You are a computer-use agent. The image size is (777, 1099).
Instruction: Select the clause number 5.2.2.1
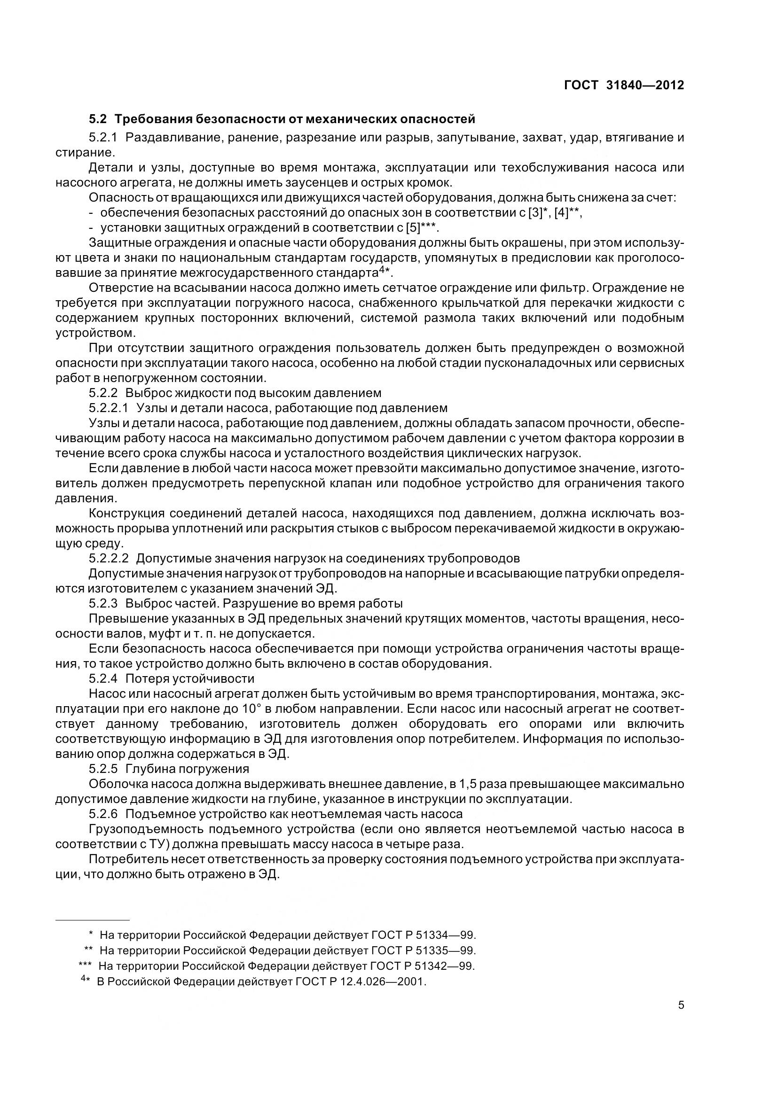(109, 408)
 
